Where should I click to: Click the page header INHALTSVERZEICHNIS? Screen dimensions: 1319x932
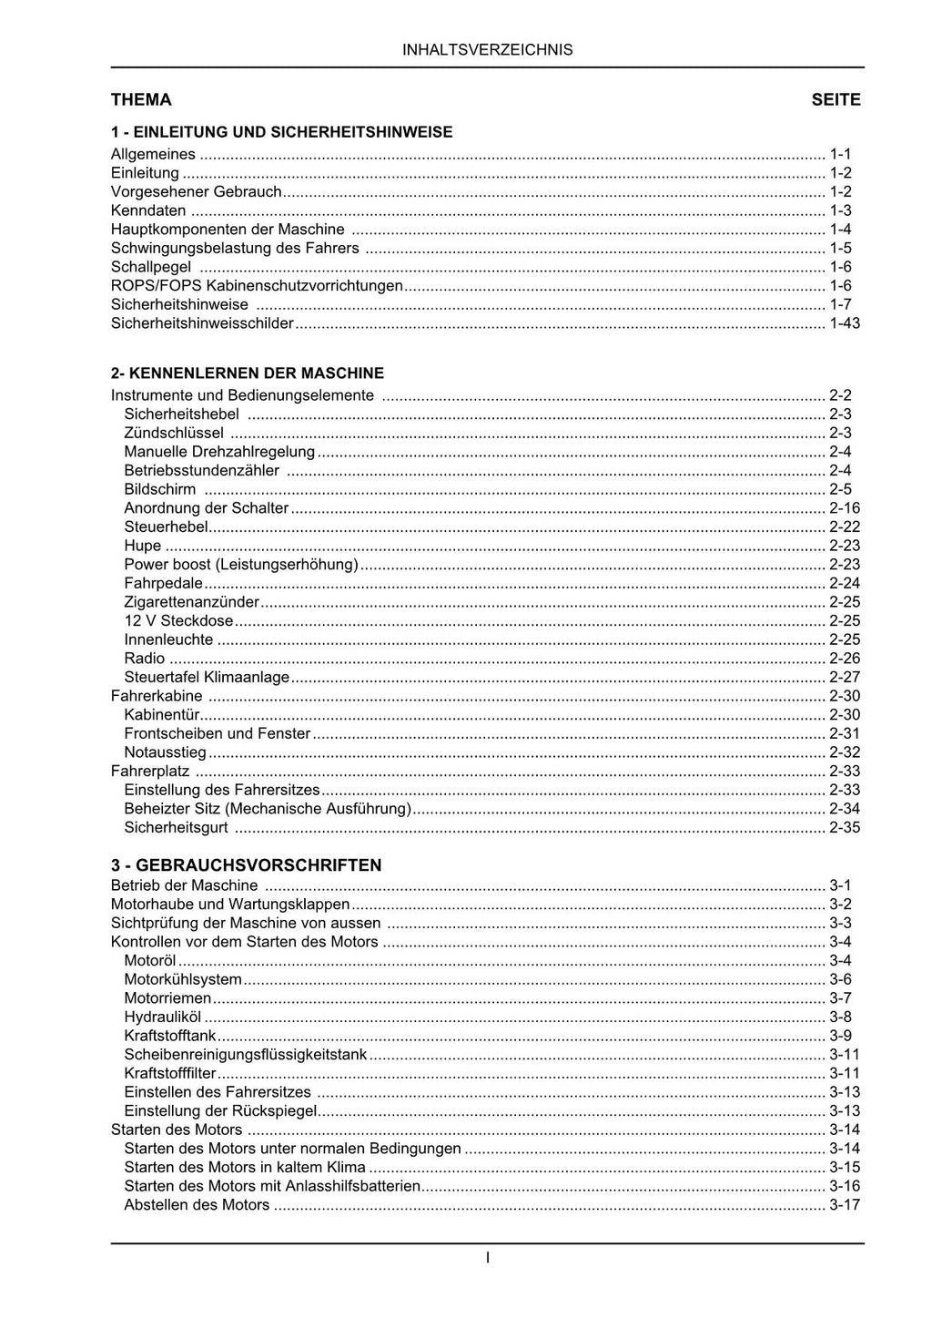tap(487, 50)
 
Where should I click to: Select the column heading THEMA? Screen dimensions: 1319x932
tap(141, 100)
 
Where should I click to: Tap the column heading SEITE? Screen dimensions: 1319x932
tap(836, 100)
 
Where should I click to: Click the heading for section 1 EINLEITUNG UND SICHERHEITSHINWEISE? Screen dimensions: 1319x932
tap(281, 132)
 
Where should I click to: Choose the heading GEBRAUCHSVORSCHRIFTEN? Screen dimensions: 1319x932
tap(246, 865)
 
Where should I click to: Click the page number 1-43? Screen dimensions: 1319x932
tap(844, 323)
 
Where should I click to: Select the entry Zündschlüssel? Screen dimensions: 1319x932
tap(174, 434)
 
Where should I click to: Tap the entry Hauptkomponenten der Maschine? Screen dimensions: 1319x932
tap(228, 230)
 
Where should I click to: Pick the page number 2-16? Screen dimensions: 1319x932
tap(844, 508)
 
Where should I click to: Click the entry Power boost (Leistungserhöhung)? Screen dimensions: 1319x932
tap(241, 565)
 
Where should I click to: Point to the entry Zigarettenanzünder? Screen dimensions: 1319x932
tap(192, 602)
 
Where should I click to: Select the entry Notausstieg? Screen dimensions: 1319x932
tap(166, 752)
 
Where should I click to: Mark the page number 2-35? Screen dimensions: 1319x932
tap(844, 828)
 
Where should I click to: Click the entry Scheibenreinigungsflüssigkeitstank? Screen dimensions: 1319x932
tap(246, 1055)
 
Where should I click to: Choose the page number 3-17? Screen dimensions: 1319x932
tap(844, 1205)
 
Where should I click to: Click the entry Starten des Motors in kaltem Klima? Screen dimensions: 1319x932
tap(245, 1168)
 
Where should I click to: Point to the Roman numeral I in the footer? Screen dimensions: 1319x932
tap(488, 1258)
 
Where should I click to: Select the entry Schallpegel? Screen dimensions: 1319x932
tap(151, 267)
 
